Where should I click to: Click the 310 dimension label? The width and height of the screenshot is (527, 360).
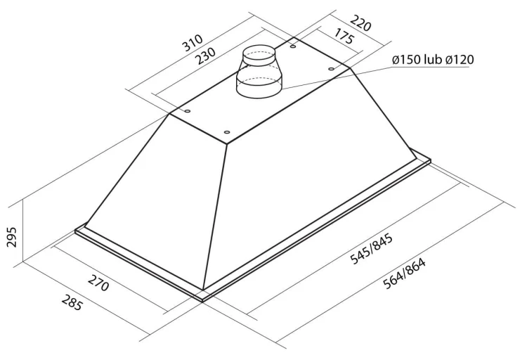(193, 42)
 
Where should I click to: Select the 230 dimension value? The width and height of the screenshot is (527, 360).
(205, 56)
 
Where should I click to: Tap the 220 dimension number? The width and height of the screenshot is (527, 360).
(360, 23)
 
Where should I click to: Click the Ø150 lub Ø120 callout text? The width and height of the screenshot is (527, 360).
(433, 60)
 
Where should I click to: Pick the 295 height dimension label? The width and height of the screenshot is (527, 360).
(11, 237)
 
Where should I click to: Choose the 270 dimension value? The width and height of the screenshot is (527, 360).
(98, 283)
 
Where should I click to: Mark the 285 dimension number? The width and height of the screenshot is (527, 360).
(72, 302)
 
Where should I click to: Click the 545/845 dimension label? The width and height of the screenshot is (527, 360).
(372, 250)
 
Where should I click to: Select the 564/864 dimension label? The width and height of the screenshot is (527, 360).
(404, 274)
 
